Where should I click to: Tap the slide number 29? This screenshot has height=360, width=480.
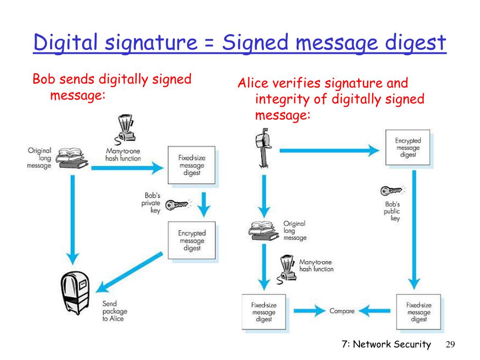pos(450,345)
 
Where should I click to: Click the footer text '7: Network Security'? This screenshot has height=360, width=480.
pos(386,345)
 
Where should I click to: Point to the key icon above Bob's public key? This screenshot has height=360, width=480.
pos(391,191)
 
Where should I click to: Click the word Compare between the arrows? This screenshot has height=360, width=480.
pos(342,310)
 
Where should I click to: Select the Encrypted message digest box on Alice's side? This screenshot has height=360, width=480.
pos(408,148)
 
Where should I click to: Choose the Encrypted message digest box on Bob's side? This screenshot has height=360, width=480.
pos(192,240)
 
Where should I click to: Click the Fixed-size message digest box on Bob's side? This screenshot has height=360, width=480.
pos(192,165)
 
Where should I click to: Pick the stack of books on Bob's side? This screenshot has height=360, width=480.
pos(71,157)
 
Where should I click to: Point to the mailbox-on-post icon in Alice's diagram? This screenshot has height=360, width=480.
pos(262,149)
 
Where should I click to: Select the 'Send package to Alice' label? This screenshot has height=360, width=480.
pos(114,311)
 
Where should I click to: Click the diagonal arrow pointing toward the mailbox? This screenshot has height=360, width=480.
pos(133,272)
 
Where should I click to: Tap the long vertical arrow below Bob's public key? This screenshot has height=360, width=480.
pos(414,230)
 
